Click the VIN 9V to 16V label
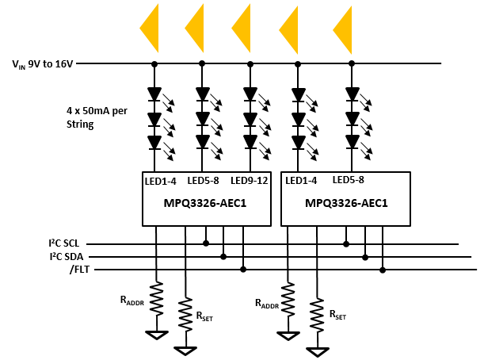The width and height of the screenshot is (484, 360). [x=43, y=64]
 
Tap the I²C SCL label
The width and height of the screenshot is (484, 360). [x=64, y=243]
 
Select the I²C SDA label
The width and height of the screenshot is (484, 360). [x=67, y=256]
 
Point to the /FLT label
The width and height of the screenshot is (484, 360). [x=80, y=270]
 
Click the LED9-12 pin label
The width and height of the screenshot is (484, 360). [x=250, y=181]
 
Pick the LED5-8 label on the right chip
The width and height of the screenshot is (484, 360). [x=349, y=180]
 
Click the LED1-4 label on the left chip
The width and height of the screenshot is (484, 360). [x=161, y=181]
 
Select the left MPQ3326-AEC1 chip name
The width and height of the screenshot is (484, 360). [x=205, y=203]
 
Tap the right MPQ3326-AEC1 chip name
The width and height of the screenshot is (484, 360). [x=346, y=203]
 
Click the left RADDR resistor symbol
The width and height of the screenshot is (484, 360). [x=157, y=298]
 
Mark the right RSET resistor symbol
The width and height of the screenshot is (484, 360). [x=317, y=315]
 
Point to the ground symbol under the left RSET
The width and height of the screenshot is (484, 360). [x=185, y=350]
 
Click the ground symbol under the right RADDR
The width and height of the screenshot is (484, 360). [x=288, y=335]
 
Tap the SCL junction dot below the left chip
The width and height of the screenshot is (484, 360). [x=206, y=243]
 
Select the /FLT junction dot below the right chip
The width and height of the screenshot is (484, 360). [x=383, y=270]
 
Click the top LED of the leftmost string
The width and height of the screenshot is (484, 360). [x=154, y=94]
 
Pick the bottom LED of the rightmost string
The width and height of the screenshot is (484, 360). [x=353, y=142]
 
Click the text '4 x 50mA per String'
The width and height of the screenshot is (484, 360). [x=97, y=117]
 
